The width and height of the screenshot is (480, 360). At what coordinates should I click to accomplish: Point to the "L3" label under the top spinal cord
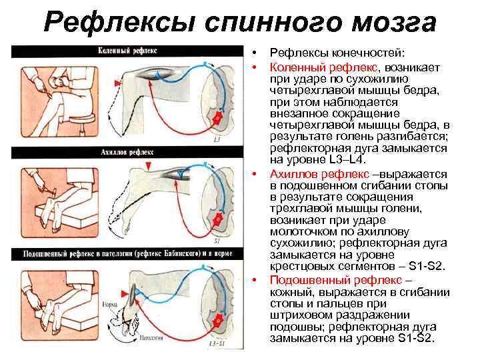217,141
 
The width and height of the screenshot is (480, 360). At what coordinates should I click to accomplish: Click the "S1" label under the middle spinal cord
217,241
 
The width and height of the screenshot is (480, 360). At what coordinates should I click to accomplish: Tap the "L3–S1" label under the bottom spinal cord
217,343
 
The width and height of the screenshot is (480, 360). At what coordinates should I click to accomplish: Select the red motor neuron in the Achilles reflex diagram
216,219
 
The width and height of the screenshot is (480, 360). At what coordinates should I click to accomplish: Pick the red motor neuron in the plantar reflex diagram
217,321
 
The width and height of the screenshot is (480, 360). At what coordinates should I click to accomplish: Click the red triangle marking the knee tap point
118,81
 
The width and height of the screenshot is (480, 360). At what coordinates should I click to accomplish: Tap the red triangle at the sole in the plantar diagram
125,291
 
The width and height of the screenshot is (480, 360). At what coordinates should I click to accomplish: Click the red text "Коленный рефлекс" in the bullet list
323,67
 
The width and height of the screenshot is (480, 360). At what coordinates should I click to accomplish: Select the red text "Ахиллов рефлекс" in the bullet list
316,173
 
